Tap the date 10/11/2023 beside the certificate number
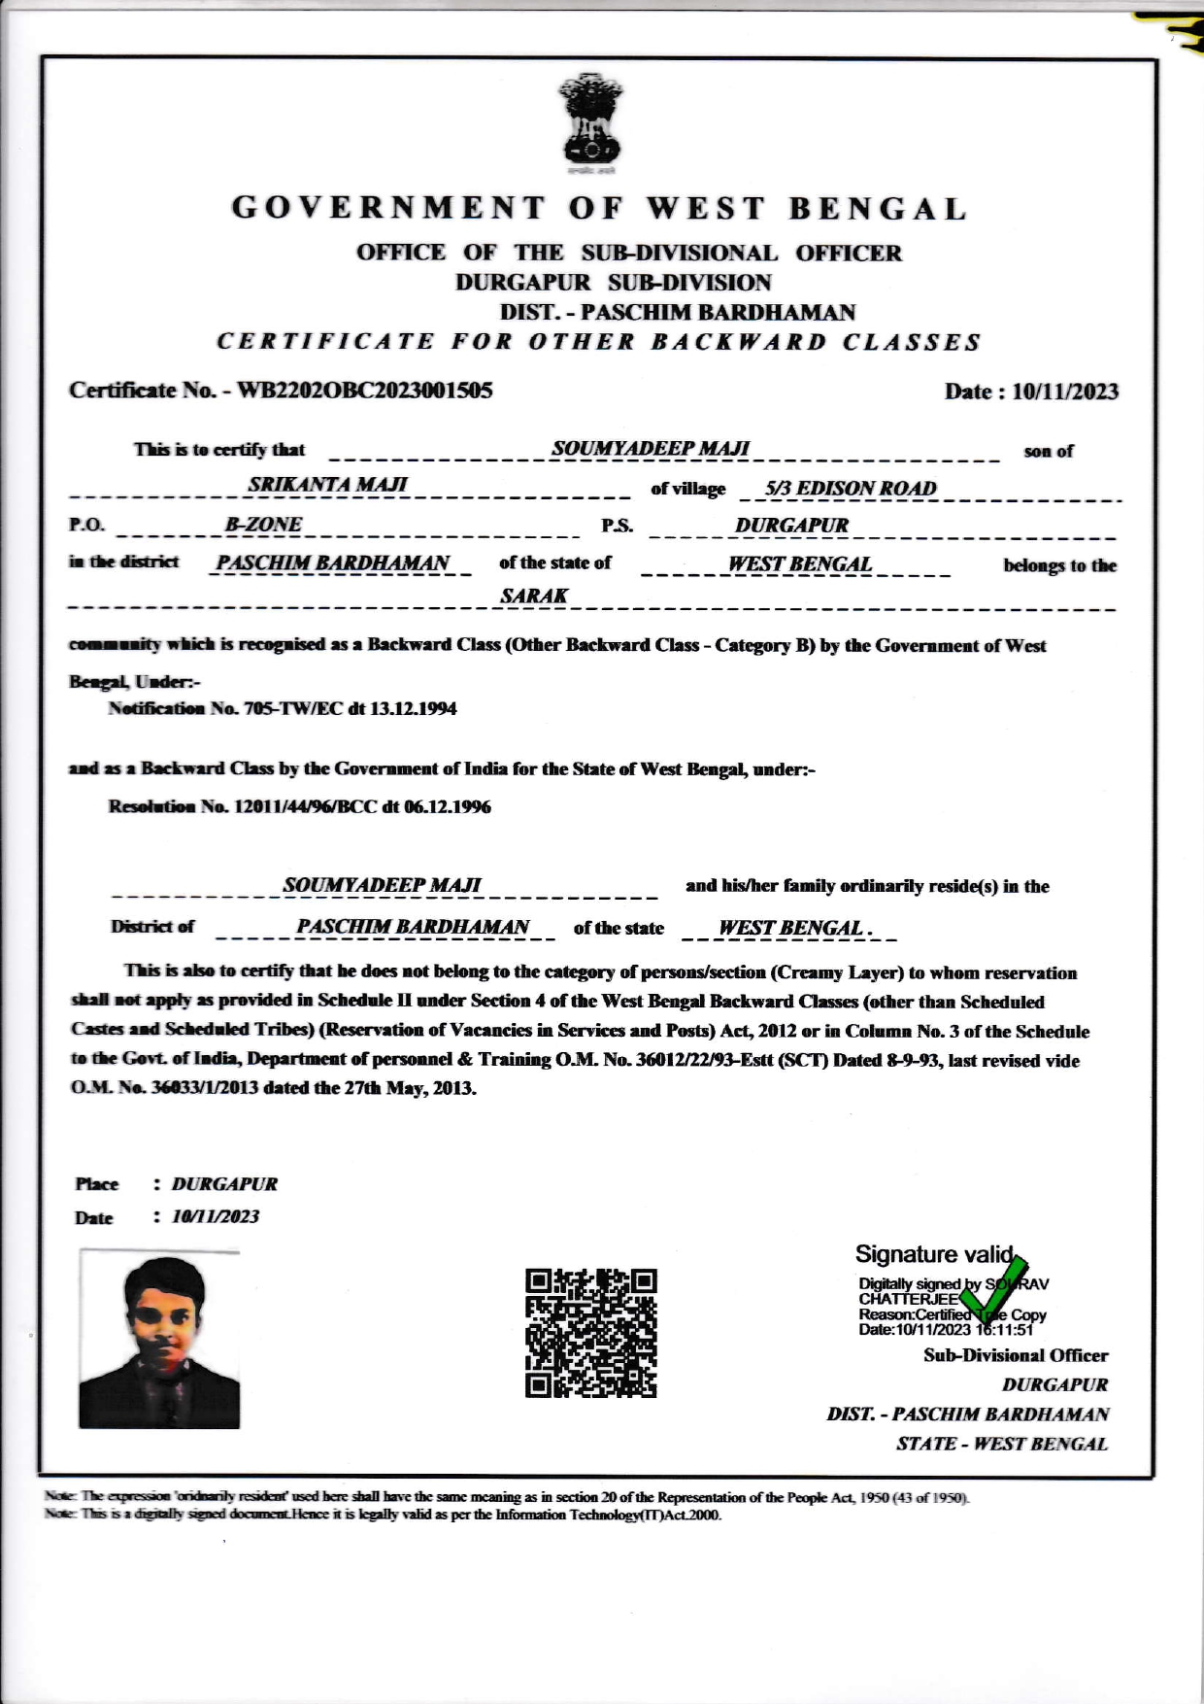pyautogui.click(x=1065, y=392)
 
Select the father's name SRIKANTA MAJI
pyautogui.click(x=327, y=485)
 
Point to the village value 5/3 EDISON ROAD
pyautogui.click(x=851, y=489)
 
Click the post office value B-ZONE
pyautogui.click(x=263, y=525)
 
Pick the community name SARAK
pyautogui.click(x=534, y=596)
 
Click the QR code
pyautogui.click(x=590, y=1333)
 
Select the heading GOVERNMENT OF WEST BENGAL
pyautogui.click(x=599, y=209)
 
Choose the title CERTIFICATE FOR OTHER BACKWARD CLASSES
pyautogui.click(x=598, y=342)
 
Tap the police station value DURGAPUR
pyautogui.click(x=791, y=526)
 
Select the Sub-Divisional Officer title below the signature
pyautogui.click(x=1016, y=1355)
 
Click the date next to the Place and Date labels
pyautogui.click(x=216, y=1217)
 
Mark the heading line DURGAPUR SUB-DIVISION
pyautogui.click(x=613, y=283)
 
